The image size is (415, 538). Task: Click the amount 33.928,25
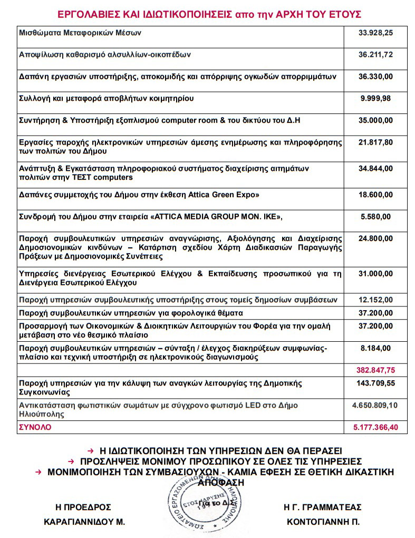pyautogui.click(x=375, y=33)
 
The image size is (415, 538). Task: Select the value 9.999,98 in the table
pyautogui.click(x=375, y=99)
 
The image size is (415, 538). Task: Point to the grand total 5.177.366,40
pyautogui.click(x=375, y=427)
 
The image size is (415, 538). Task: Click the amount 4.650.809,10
pyautogui.click(x=375, y=406)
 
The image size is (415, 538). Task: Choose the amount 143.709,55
pyautogui.click(x=375, y=383)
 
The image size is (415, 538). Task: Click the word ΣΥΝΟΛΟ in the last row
pyautogui.click(x=35, y=427)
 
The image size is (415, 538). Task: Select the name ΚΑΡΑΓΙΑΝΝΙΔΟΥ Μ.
pyautogui.click(x=84, y=522)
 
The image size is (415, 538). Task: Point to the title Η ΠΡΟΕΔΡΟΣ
pyautogui.click(x=83, y=507)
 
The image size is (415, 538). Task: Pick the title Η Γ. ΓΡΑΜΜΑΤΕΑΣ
pyautogui.click(x=322, y=507)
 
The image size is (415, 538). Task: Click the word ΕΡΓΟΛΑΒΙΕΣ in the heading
pyautogui.click(x=85, y=13)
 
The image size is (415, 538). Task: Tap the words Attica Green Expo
pyautogui.click(x=224, y=195)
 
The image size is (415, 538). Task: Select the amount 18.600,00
pyautogui.click(x=375, y=195)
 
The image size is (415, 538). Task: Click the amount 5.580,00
pyautogui.click(x=375, y=216)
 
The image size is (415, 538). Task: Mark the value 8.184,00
pyautogui.click(x=375, y=348)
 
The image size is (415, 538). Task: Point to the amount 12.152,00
pyautogui.click(x=375, y=300)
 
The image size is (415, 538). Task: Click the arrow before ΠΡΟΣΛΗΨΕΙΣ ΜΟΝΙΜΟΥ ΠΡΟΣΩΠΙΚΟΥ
pyautogui.click(x=75, y=460)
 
